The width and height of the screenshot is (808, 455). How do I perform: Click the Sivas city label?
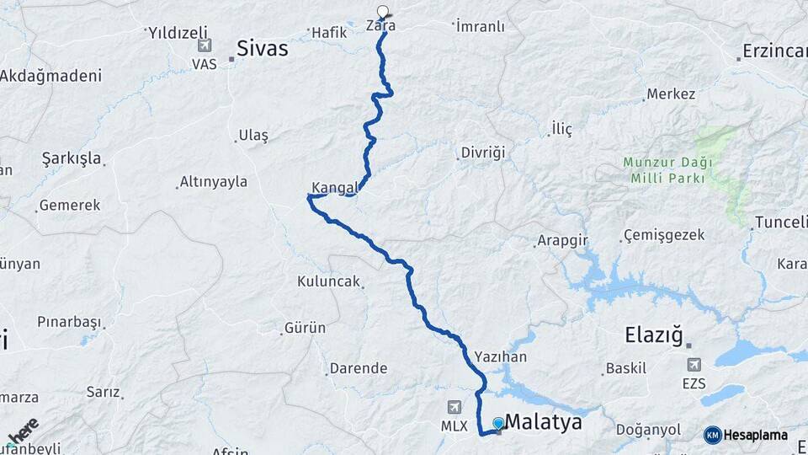pyautogui.click(x=262, y=49)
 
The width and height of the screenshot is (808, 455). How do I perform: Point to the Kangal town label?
pyautogui.click(x=336, y=186)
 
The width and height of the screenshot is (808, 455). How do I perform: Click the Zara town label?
pyautogui.click(x=380, y=26)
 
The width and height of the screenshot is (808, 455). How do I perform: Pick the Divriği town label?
pyautogui.click(x=482, y=153)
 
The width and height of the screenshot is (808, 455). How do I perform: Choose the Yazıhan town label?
pyautogui.click(x=500, y=356)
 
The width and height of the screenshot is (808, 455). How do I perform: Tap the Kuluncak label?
pyautogui.click(x=328, y=281)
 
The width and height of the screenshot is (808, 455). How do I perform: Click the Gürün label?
pyautogui.click(x=305, y=327)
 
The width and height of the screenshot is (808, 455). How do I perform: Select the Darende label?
pyautogui.click(x=359, y=368)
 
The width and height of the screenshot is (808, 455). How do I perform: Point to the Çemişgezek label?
pyautogui.click(x=663, y=235)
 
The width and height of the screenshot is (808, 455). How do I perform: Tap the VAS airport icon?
pyautogui.click(x=204, y=45)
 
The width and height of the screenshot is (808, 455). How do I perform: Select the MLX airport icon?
pyautogui.click(x=455, y=408)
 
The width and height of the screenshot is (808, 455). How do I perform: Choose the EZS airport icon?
pyautogui.click(x=694, y=365)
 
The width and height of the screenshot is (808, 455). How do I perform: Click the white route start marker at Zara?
pyautogui.click(x=383, y=12)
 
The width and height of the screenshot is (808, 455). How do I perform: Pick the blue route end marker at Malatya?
pyautogui.click(x=498, y=423)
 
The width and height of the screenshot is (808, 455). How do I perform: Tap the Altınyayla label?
pyautogui.click(x=214, y=182)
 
